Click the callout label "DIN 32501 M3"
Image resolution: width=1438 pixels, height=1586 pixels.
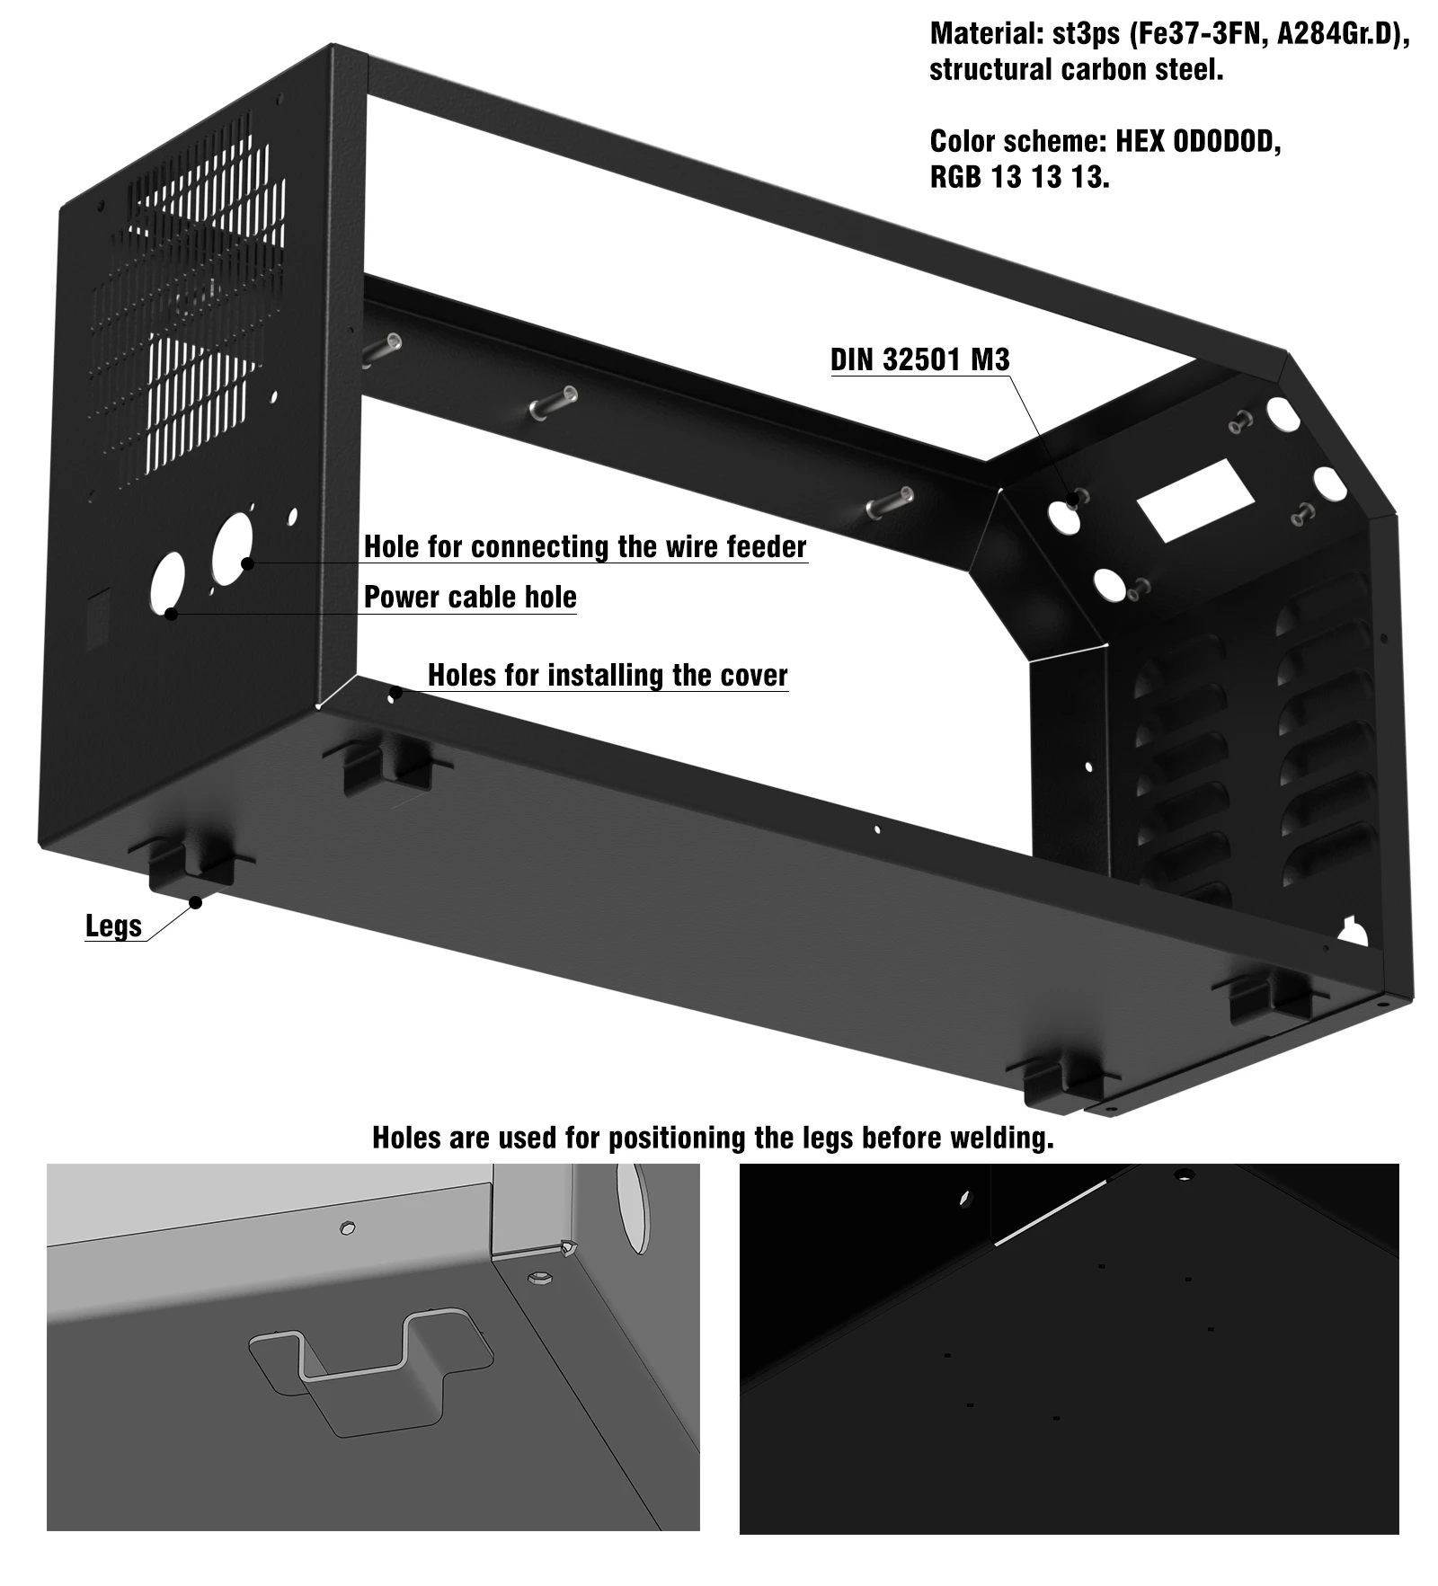click(x=919, y=359)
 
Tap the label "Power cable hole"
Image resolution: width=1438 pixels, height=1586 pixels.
click(x=470, y=597)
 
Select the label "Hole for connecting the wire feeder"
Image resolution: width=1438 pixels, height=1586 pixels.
click(x=585, y=546)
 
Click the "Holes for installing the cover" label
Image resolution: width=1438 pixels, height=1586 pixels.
click(x=608, y=675)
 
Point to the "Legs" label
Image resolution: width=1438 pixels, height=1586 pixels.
click(x=114, y=926)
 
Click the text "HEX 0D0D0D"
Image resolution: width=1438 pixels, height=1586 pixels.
click(x=1198, y=141)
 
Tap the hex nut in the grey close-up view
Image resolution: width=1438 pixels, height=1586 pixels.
click(x=539, y=1277)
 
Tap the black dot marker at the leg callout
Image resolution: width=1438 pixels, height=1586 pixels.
click(x=194, y=901)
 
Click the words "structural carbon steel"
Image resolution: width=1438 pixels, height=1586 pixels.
click(x=1076, y=69)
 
